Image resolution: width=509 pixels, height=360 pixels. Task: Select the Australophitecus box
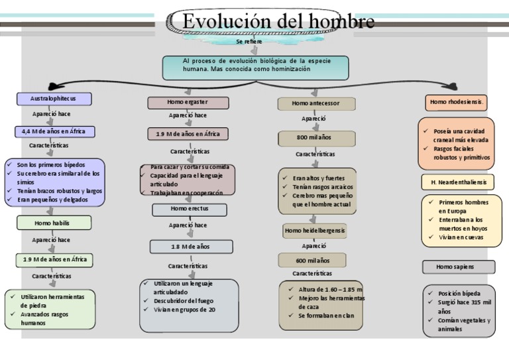point(54,99)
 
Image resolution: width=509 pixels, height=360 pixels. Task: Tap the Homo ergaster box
point(188,103)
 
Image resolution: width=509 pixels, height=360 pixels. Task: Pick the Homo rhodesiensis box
point(457,102)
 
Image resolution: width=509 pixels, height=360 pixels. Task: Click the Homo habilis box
point(52,223)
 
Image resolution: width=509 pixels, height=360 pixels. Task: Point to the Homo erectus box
point(190,209)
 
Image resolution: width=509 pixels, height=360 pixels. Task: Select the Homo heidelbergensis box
point(315,231)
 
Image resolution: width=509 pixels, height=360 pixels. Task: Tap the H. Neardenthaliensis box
point(458,182)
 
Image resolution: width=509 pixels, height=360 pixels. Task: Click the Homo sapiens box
point(458,267)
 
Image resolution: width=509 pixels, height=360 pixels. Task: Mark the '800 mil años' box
point(314,138)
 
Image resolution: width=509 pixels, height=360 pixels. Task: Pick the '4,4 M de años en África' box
point(54,131)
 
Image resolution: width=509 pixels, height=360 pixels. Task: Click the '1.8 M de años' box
point(191,247)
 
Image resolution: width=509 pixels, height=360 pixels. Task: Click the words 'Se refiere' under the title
point(249,41)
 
